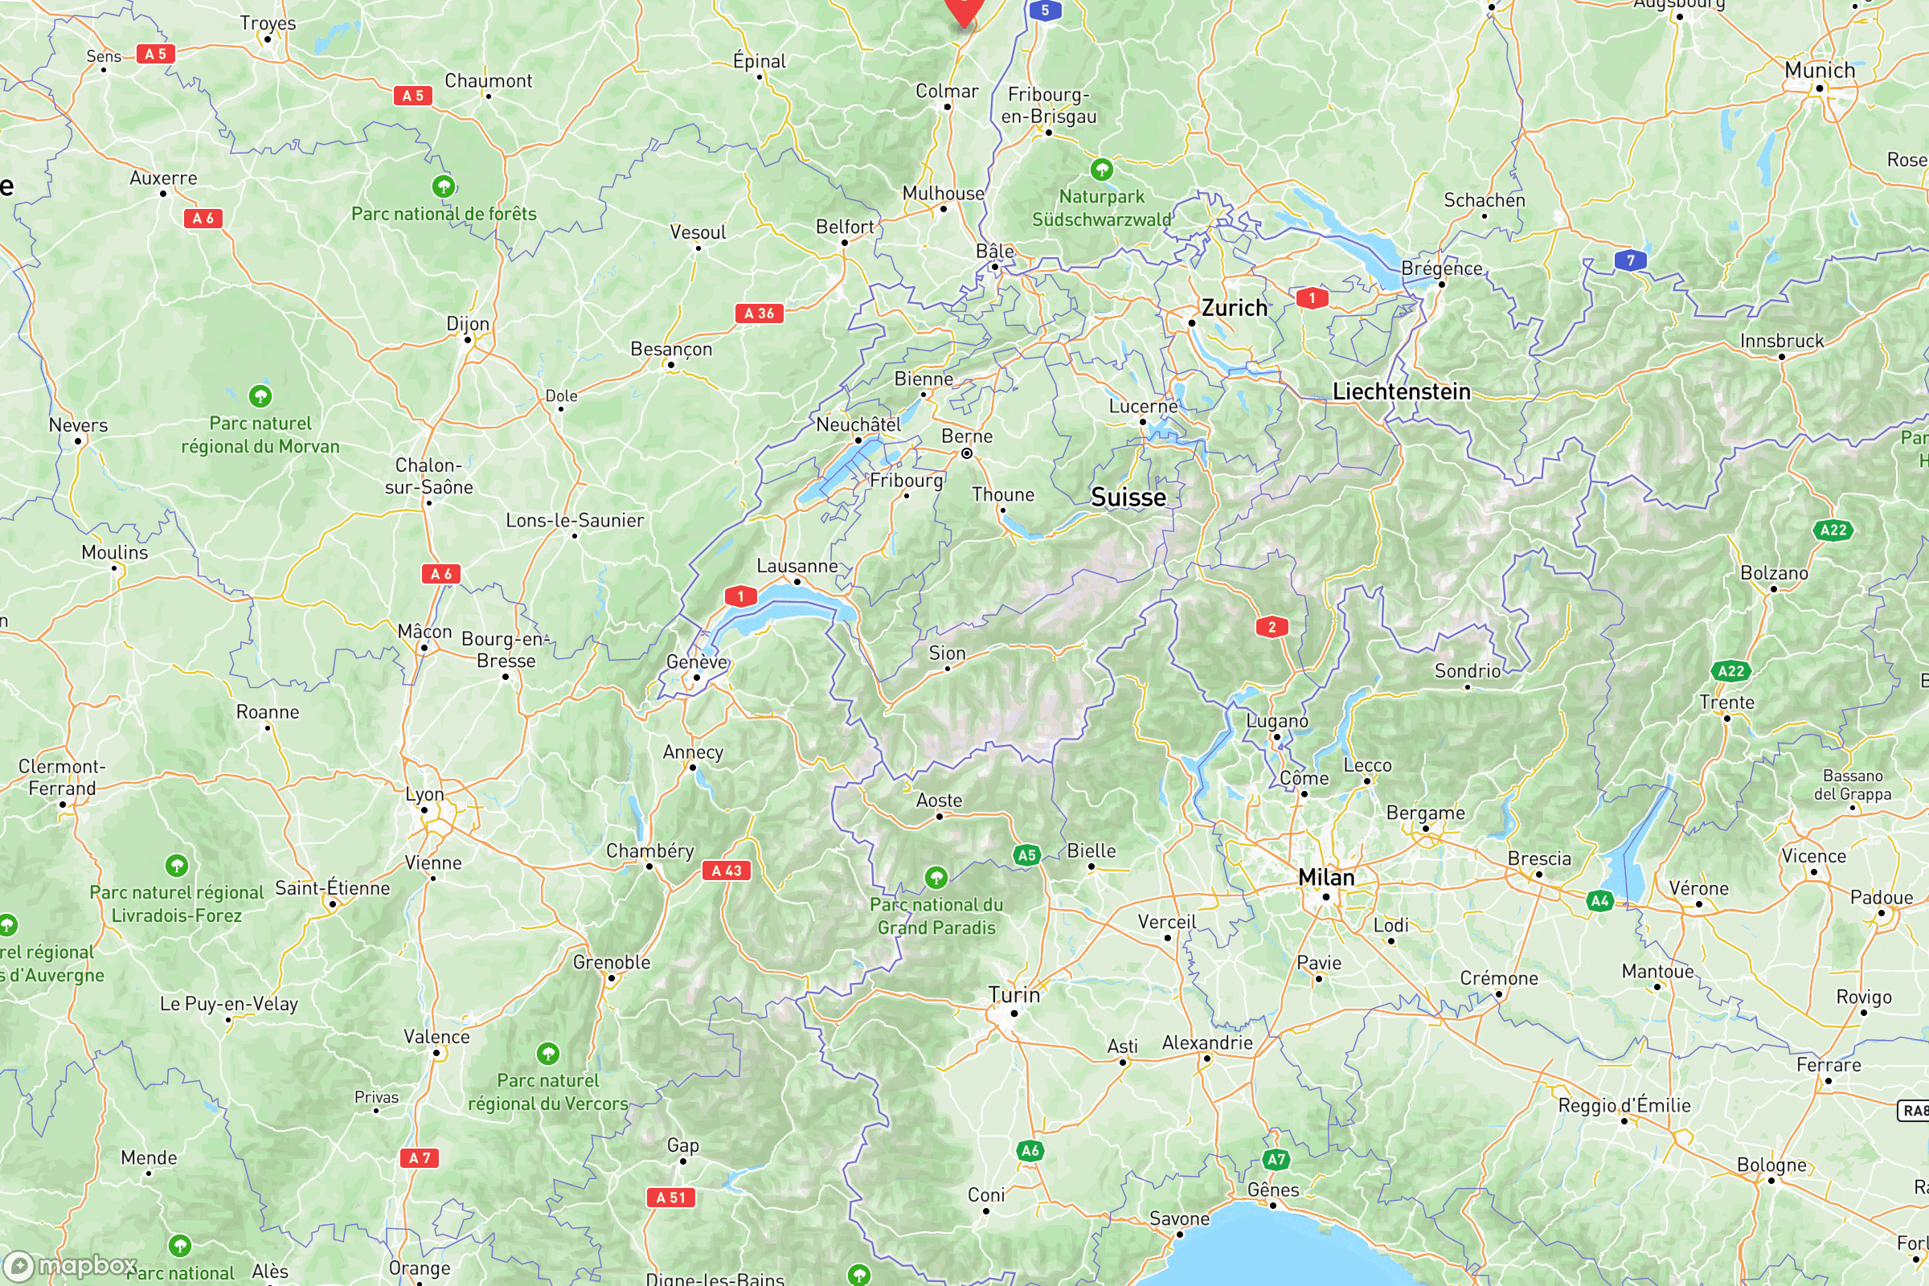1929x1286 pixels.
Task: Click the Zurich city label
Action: pyautogui.click(x=1235, y=309)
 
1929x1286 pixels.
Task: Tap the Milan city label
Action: pyautogui.click(x=1325, y=878)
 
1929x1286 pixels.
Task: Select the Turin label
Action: pyautogui.click(x=1014, y=995)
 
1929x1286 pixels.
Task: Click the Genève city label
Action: pyautogui.click(x=696, y=661)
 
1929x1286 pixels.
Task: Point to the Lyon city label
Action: pyautogui.click(x=425, y=795)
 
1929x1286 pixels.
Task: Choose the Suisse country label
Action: pyautogui.click(x=1128, y=498)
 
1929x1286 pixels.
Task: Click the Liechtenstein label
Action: pyautogui.click(x=1401, y=392)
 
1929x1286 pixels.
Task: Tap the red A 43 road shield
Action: pyautogui.click(x=726, y=871)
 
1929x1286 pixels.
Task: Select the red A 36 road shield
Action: pyautogui.click(x=759, y=313)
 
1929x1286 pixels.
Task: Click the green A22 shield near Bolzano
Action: pyautogui.click(x=1833, y=530)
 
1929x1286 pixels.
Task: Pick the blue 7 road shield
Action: pyautogui.click(x=1630, y=260)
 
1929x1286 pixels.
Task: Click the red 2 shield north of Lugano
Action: pyautogui.click(x=1272, y=628)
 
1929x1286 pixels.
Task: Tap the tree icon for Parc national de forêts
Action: pyautogui.click(x=444, y=186)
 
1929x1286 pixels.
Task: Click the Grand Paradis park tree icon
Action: pyautogui.click(x=936, y=878)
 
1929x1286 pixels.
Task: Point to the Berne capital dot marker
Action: pyautogui.click(x=967, y=453)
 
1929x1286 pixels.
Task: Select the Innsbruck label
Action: pyautogui.click(x=1781, y=341)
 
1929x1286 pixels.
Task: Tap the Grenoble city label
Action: pyautogui.click(x=611, y=962)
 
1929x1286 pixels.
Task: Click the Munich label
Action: pyautogui.click(x=1819, y=71)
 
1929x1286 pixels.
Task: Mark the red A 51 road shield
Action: pyautogui.click(x=670, y=1198)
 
